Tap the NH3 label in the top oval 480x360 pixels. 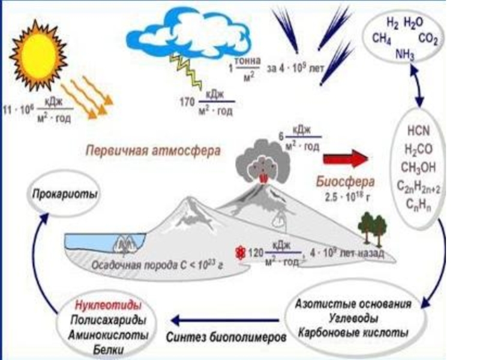click(x=405, y=55)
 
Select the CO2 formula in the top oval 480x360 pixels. click(x=427, y=40)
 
